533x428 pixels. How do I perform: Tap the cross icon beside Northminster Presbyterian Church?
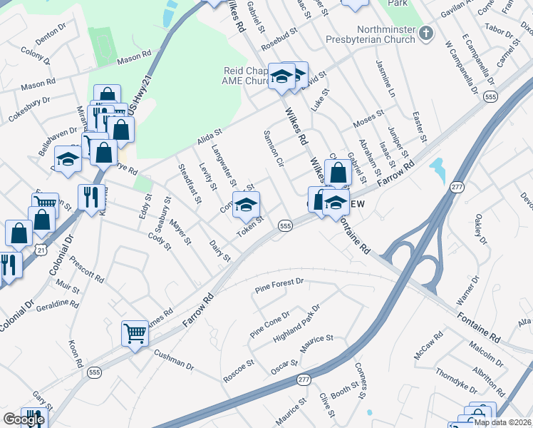click(425, 33)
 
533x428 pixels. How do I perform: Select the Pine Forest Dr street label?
click(279, 287)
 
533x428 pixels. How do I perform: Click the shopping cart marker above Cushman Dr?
click(135, 332)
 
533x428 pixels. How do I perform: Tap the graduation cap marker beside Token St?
click(246, 205)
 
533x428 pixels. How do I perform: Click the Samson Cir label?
click(274, 148)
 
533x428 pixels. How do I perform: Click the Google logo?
click(24, 419)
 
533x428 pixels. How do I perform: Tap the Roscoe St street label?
click(238, 366)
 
